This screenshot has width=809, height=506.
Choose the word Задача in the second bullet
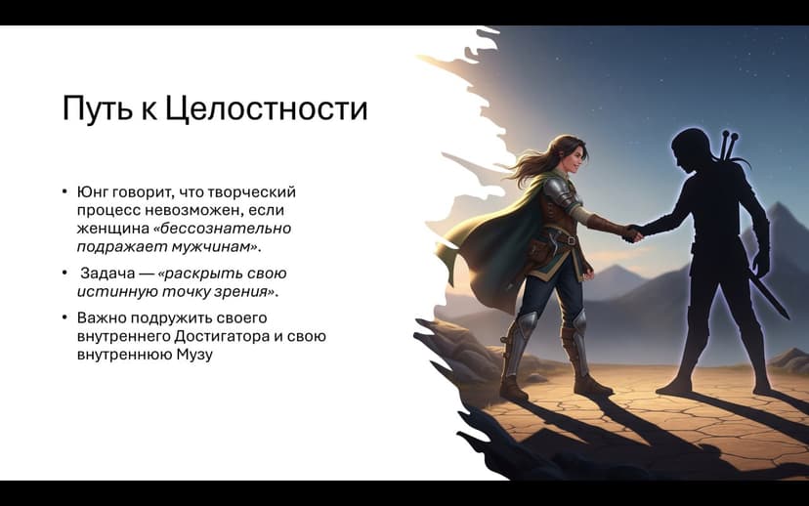[106, 274]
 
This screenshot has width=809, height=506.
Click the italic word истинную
[110, 291]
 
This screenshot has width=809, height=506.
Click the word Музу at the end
[195, 354]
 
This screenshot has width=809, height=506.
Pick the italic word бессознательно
[227, 228]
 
